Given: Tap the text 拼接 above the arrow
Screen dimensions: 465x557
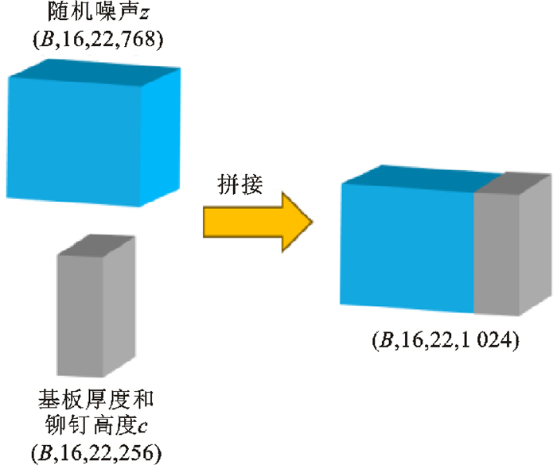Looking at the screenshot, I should [241, 184].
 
